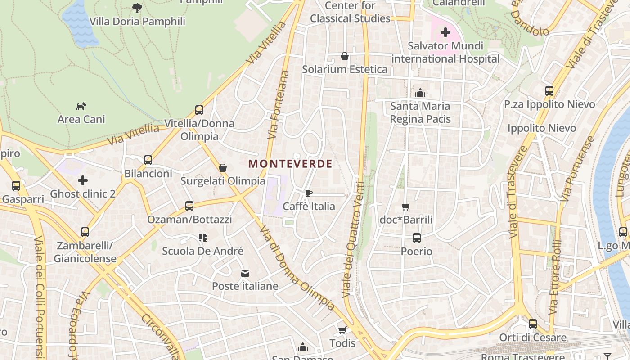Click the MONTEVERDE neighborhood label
(290, 164)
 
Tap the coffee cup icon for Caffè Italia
(309, 193)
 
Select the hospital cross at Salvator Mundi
(445, 32)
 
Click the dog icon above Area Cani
(81, 106)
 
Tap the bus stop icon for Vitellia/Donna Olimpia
(199, 110)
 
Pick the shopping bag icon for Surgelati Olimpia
(223, 168)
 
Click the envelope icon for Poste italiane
(245, 273)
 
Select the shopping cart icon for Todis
(342, 330)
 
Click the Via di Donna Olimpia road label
(297, 268)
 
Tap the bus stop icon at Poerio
(417, 238)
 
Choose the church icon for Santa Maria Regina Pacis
(420, 93)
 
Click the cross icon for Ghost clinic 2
(83, 181)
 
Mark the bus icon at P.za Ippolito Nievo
(549, 91)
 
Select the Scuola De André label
(202, 251)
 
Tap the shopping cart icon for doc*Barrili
(406, 207)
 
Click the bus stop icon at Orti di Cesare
(533, 324)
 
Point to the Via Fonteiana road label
(278, 104)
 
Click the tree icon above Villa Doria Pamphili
(137, 8)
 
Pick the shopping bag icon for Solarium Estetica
(345, 56)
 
